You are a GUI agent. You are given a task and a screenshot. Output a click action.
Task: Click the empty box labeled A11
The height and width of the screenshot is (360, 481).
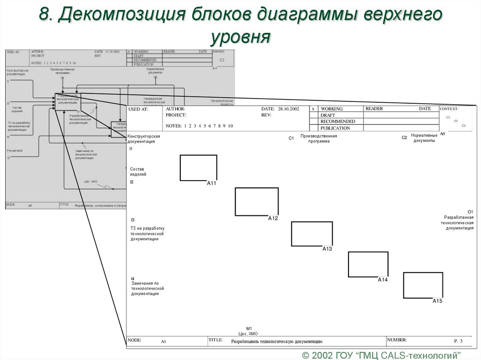198,168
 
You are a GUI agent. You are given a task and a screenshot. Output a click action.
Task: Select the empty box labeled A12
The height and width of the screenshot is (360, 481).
256,201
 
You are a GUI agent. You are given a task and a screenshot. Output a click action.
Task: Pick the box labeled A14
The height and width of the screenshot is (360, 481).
368,264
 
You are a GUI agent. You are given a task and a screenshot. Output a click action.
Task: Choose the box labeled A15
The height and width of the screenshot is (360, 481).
423,285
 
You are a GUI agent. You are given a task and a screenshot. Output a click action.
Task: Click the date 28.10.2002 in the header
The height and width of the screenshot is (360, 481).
288,109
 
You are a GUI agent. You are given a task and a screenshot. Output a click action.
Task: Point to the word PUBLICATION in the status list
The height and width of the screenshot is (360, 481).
335,128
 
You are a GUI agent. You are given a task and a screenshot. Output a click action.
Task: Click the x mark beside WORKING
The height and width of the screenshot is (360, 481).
313,109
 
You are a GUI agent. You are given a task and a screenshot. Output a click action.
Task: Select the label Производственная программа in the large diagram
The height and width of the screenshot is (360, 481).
319,138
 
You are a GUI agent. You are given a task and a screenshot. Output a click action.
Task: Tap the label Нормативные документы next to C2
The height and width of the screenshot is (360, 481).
424,138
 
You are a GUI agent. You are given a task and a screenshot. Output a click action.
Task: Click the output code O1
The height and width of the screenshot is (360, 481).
470,212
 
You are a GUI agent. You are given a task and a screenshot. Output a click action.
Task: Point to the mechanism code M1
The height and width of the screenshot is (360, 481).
249,329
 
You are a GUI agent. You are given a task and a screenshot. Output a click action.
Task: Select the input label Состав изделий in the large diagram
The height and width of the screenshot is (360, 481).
138,171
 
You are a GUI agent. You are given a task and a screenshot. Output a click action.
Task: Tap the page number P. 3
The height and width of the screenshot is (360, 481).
458,341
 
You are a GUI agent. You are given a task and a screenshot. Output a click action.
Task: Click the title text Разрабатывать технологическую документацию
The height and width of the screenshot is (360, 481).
276,342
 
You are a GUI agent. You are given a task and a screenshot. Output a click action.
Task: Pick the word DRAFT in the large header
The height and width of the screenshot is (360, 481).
327,115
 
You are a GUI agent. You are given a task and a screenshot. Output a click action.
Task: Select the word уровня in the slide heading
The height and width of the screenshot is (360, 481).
240,37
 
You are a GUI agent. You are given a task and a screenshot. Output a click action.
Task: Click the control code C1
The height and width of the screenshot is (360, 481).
291,138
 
